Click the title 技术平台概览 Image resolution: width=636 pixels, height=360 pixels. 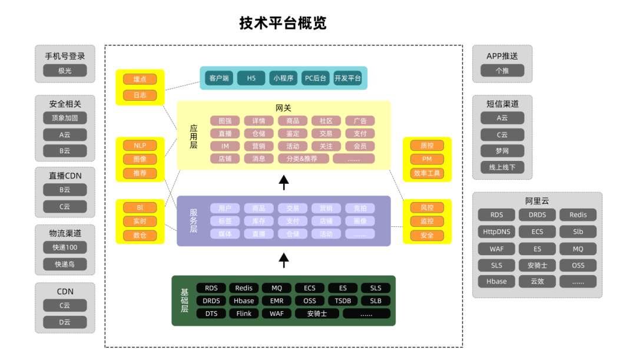pyautogui.click(x=283, y=23)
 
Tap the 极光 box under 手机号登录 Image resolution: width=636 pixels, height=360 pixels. pyautogui.click(x=65, y=71)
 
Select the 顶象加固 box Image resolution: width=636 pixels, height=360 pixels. pyautogui.click(x=65, y=118)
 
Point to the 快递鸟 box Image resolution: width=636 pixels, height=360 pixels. pyautogui.click(x=65, y=264)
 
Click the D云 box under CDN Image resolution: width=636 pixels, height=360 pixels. pyautogui.click(x=65, y=322)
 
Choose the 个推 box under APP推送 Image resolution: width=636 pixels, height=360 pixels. pyautogui.click(x=502, y=71)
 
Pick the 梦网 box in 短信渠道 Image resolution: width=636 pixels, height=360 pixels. pyautogui.click(x=502, y=151)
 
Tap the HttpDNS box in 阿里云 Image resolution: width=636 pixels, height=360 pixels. pyautogui.click(x=496, y=232)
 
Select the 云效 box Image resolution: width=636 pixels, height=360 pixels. pyautogui.click(x=537, y=281)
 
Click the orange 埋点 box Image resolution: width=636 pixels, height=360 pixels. pyautogui.click(x=140, y=79)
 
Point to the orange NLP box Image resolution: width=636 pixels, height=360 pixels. pyautogui.click(x=140, y=146)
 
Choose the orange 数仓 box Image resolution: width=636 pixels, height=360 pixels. pyautogui.click(x=140, y=235)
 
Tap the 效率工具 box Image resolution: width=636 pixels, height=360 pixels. pyautogui.click(x=427, y=173)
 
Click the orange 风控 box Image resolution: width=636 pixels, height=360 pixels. pyautogui.click(x=427, y=207)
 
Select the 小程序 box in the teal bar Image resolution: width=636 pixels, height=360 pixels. pyautogui.click(x=283, y=78)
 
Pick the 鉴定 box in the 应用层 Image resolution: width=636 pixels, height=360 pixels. pyautogui.click(x=292, y=134)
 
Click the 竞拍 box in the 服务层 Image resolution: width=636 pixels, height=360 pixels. pyautogui.click(x=360, y=208)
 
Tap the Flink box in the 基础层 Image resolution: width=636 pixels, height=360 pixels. pyautogui.click(x=244, y=313)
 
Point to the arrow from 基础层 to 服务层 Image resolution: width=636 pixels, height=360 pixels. pyautogui.click(x=284, y=259)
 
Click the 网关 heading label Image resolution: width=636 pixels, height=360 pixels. pyautogui.click(x=284, y=108)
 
